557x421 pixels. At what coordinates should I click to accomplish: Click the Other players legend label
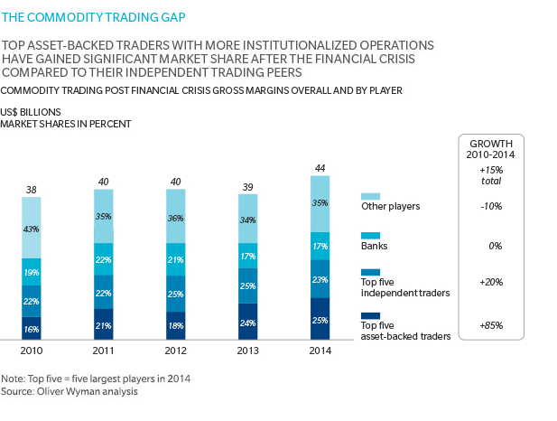click(x=391, y=206)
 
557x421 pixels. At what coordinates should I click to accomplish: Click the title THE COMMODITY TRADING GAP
click(x=82, y=15)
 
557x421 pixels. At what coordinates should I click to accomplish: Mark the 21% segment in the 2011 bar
click(x=103, y=326)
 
